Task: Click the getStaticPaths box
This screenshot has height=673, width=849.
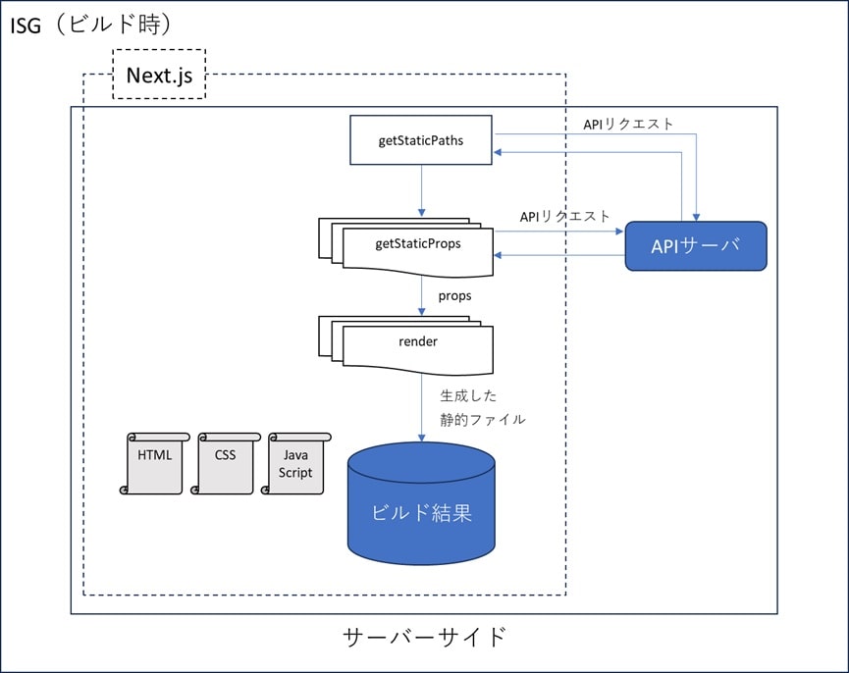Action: tap(421, 139)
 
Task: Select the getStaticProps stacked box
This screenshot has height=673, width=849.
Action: tap(406, 246)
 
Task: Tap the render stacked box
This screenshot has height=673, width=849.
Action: tap(406, 344)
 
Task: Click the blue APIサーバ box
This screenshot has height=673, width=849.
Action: tap(696, 245)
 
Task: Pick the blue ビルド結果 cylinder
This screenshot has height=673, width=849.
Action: tap(421, 503)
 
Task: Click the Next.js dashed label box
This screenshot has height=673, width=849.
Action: tap(159, 75)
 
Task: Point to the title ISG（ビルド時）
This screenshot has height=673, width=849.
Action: tap(91, 25)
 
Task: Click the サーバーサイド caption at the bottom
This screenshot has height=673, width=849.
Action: tap(424, 637)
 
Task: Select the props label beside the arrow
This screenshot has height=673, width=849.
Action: tap(454, 296)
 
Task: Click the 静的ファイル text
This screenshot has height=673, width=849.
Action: tap(483, 419)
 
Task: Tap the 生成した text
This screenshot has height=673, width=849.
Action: tap(468, 396)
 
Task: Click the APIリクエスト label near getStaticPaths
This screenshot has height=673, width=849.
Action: tap(628, 124)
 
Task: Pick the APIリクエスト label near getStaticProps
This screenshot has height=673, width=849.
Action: tap(564, 217)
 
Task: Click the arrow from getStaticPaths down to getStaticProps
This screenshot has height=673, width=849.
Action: tap(422, 190)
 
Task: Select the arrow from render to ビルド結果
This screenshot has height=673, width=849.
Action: tap(422, 408)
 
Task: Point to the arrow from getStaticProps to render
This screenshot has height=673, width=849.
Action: tap(422, 296)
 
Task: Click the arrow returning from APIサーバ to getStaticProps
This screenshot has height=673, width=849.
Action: tap(559, 255)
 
